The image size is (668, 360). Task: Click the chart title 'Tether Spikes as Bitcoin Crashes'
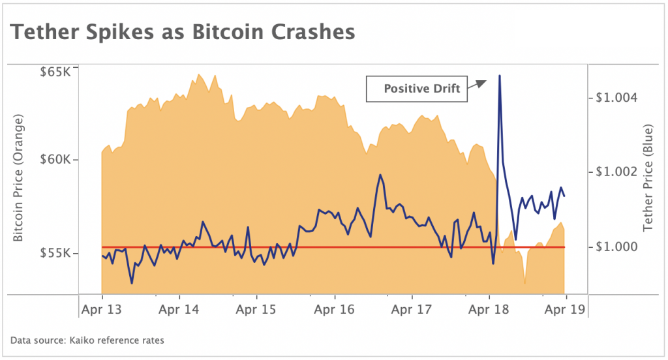[183, 31]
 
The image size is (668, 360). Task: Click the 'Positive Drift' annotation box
[417, 89]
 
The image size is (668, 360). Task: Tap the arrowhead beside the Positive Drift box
[481, 83]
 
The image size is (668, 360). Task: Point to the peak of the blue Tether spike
[500, 76]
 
